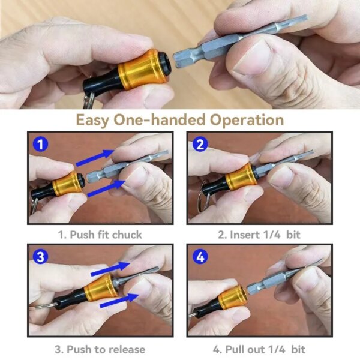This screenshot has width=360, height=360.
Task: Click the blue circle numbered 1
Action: click(40, 145)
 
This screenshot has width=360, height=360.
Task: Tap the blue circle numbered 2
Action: click(201, 145)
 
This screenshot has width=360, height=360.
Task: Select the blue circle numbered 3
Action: click(40, 257)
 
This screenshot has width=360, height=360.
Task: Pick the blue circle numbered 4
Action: click(201, 257)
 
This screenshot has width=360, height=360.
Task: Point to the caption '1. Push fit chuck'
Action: click(100, 235)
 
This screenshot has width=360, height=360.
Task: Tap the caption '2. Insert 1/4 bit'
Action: click(260, 235)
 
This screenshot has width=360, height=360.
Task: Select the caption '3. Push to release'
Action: click(100, 349)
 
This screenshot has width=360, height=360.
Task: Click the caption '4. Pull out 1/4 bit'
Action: click(260, 349)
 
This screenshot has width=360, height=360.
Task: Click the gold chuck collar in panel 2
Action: click(242, 178)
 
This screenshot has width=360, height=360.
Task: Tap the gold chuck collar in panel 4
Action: click(232, 298)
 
